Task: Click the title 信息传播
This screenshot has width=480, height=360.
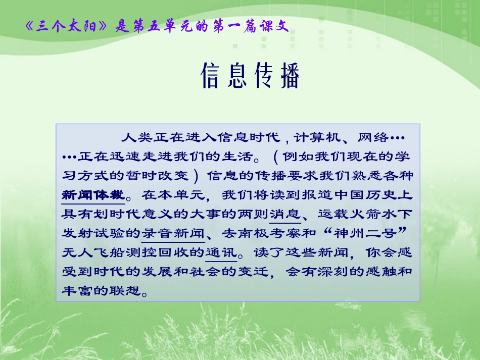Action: [250, 76]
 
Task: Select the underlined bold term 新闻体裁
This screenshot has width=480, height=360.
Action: [93, 194]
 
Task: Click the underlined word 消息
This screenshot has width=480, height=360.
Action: [285, 214]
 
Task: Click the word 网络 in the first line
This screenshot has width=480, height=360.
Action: [372, 136]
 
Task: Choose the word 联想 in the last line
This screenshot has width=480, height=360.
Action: [126, 291]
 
